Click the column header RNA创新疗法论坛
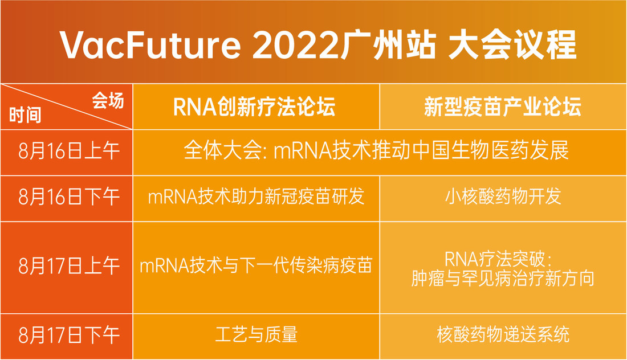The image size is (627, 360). [255, 107]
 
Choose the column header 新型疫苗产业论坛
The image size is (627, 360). [503, 107]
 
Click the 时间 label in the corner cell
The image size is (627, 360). [25, 116]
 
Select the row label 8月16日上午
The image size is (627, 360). [68, 152]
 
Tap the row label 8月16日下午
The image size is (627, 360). [68, 197]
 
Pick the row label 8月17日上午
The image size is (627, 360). [68, 266]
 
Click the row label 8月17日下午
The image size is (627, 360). [68, 335]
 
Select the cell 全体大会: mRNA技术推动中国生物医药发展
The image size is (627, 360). [376, 152]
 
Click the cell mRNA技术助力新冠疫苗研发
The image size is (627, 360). [256, 197]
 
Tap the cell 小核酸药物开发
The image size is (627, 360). [503, 197]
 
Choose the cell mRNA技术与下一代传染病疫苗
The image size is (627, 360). [256, 266]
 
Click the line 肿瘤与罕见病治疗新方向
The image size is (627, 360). [503, 279]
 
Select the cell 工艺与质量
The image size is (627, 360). [256, 335]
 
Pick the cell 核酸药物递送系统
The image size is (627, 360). [503, 335]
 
